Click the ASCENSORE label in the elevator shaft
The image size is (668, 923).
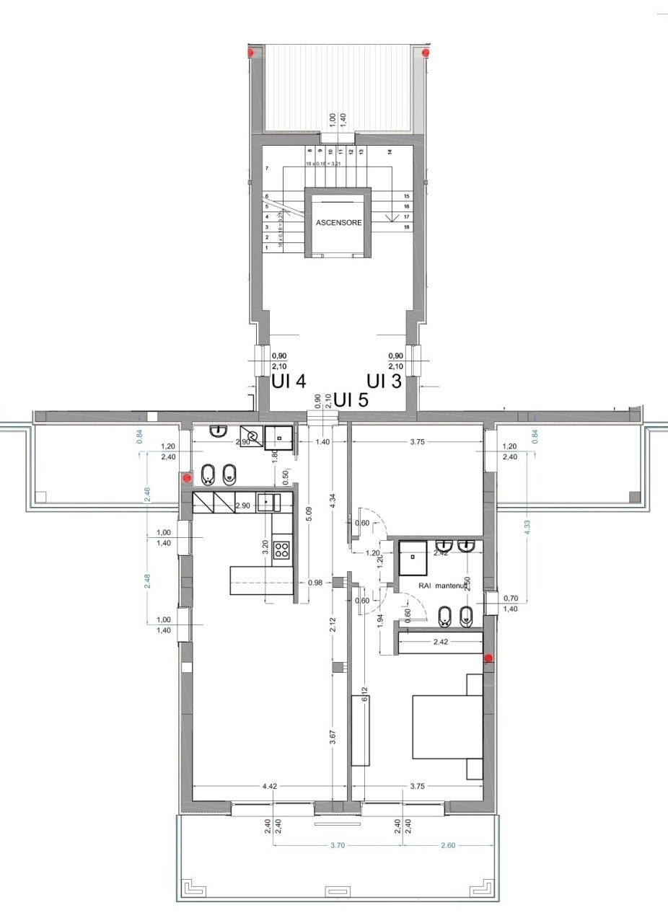(x=338, y=223)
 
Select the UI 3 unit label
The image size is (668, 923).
(x=384, y=381)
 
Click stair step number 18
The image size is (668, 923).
(x=407, y=227)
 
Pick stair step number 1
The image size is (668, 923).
(x=267, y=247)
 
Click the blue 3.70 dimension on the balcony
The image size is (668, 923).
(x=337, y=845)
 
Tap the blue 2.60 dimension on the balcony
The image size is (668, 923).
(x=447, y=845)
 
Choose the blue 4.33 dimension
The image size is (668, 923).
(x=527, y=526)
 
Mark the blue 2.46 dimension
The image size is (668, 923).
(x=147, y=494)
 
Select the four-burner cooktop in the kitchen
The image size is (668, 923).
(x=282, y=550)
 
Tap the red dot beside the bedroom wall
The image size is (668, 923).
(x=488, y=658)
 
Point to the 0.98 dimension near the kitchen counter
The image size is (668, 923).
(x=315, y=583)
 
